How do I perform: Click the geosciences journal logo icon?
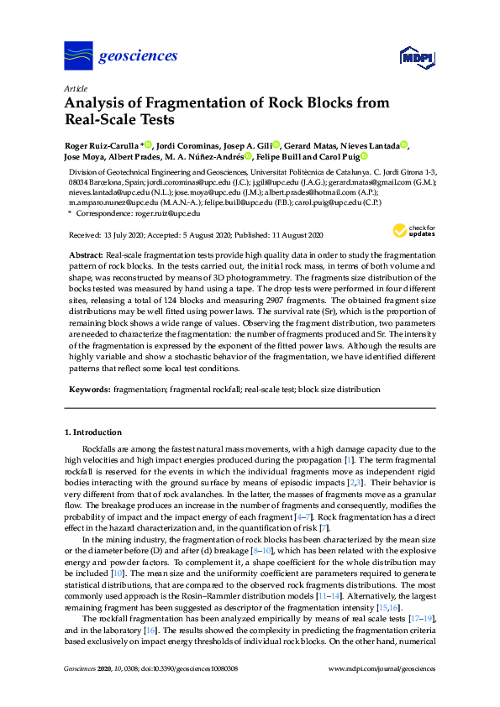click(78, 57)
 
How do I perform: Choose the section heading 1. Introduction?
click(93, 432)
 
